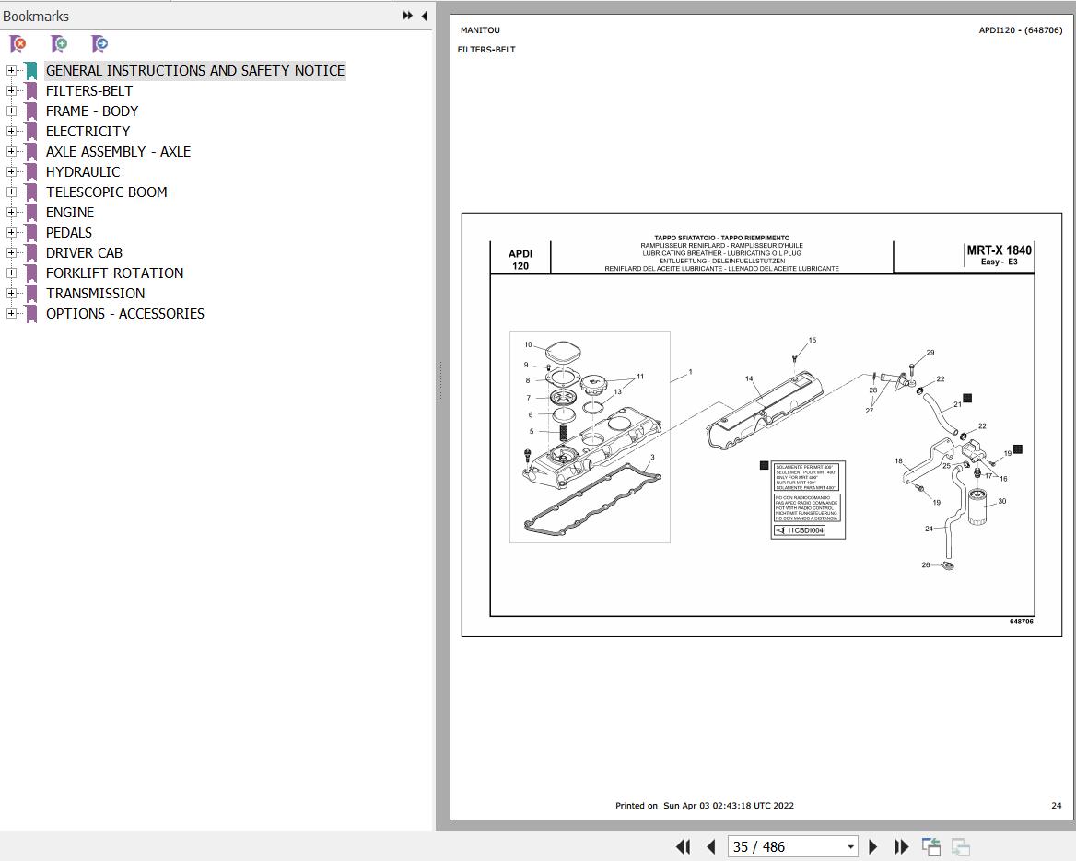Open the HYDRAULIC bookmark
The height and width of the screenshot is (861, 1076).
coord(83,172)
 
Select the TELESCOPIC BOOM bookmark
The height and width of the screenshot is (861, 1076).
coord(106,192)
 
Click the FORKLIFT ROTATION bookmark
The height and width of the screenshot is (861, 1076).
coord(114,273)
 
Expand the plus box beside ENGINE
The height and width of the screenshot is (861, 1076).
coord(11,213)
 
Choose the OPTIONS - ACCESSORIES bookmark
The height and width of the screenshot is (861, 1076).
coord(124,314)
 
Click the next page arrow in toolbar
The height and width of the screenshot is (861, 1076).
coord(873,846)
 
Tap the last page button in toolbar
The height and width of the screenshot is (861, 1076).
coord(902,846)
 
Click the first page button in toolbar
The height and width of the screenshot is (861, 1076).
coord(683,846)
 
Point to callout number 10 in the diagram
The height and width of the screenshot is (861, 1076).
coord(528,345)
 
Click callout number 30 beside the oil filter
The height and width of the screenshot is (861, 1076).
coord(1001,502)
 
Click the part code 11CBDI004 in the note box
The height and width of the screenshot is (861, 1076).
coord(805,530)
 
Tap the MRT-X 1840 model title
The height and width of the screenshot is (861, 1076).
coord(999,250)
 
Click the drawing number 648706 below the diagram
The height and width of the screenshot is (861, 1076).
coord(1021,622)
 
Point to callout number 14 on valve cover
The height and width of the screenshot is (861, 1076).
coord(749,378)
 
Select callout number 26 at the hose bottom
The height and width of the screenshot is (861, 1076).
coord(926,564)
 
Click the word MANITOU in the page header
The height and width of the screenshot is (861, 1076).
coord(480,30)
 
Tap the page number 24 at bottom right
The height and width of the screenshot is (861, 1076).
coord(1056,806)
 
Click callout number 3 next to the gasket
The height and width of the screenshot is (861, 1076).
coord(652,457)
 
